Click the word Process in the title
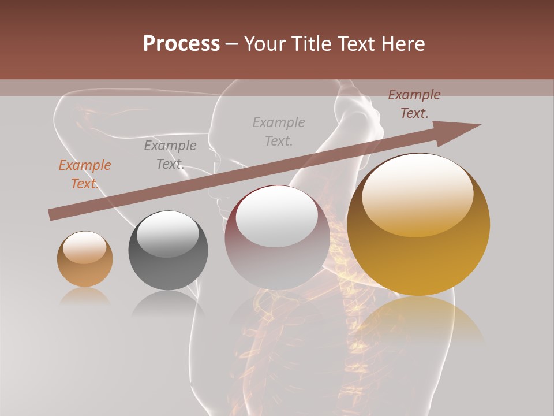(181, 44)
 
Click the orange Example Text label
(85, 174)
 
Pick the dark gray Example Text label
(170, 155)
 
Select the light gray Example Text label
(279, 131)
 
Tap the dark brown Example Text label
(414, 104)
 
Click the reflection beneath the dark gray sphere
(168, 303)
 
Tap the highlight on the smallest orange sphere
(85, 247)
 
